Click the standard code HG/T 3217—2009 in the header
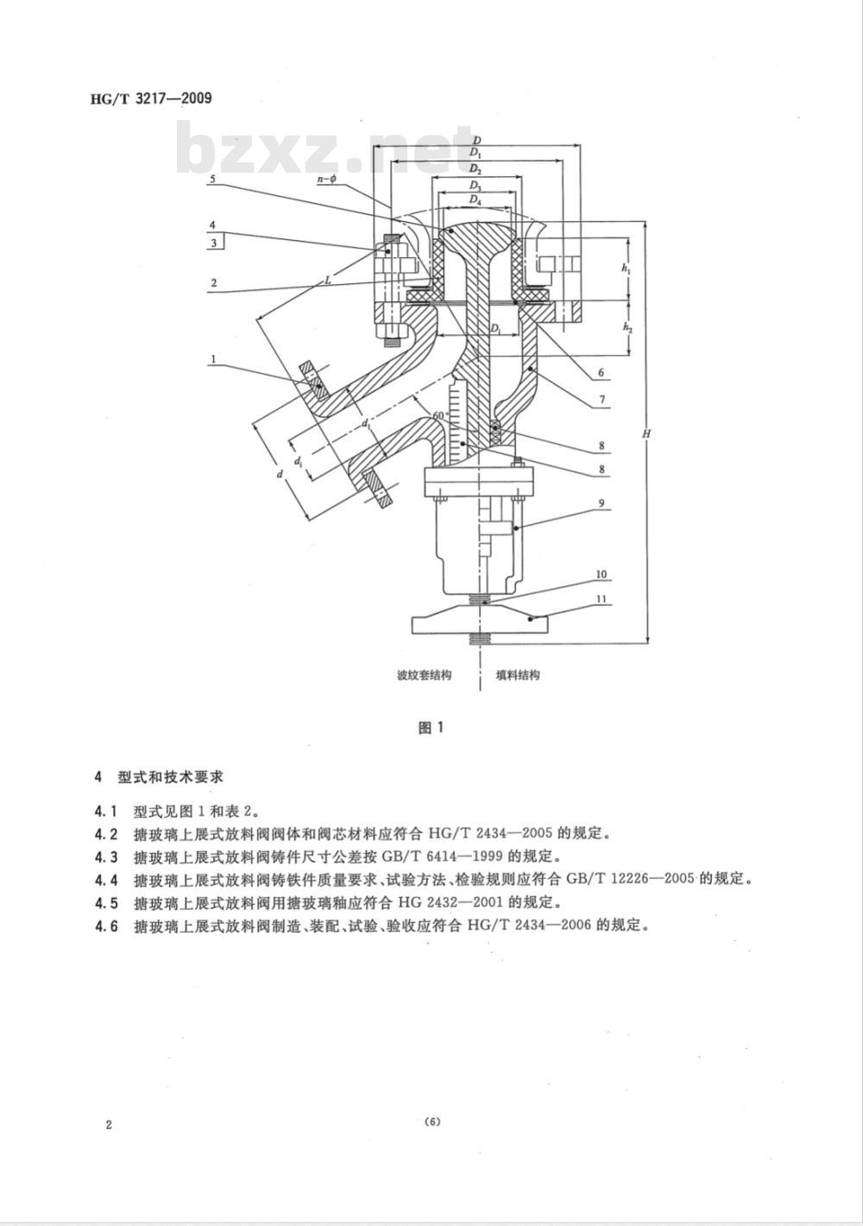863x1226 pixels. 151,98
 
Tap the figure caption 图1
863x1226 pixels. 430,727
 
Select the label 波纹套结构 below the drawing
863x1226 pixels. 424,675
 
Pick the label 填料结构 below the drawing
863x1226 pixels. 518,675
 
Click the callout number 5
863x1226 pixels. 212,179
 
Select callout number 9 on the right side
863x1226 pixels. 602,502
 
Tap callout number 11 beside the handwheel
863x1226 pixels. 602,597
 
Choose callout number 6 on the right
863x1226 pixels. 602,374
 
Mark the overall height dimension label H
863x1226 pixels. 645,434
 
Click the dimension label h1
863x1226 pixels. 626,269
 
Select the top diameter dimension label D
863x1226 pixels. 476,139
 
